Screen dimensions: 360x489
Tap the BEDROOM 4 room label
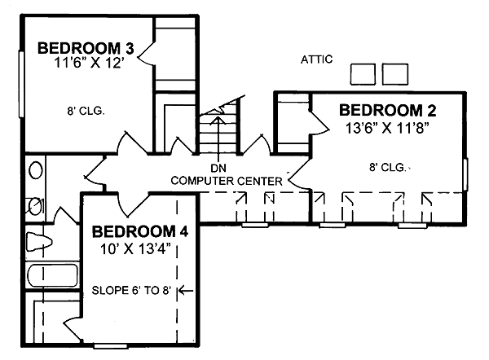139,232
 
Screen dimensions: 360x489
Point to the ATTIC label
316,59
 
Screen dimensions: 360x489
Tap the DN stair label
218,168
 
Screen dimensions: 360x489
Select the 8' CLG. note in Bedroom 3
84,108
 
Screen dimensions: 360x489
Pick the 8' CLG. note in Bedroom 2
386,167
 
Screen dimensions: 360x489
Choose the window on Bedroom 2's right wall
465,173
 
